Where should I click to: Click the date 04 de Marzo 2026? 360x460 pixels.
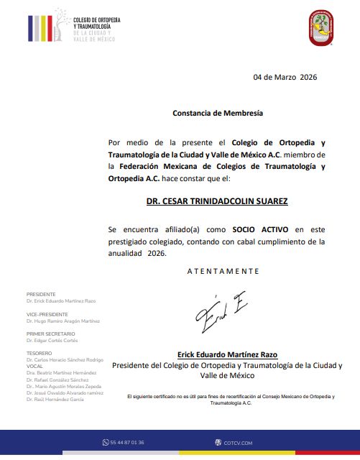[x=285, y=77]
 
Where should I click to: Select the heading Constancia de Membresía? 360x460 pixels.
[x=218, y=113]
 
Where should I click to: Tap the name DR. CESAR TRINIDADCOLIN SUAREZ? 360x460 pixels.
[x=217, y=202]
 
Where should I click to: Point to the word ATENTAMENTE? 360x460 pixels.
[x=223, y=271]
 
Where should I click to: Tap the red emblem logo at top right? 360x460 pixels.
[x=321, y=28]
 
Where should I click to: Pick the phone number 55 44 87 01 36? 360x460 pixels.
[x=127, y=443]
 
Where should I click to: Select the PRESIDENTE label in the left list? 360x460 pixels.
[x=41, y=294]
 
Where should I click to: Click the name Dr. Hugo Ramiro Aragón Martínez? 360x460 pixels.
[x=63, y=321]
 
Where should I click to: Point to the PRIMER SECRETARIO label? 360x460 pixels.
[x=50, y=333]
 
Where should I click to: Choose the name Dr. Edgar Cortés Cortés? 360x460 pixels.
[x=52, y=340]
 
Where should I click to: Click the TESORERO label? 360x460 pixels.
[x=39, y=353]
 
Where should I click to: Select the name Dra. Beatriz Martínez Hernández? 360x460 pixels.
[x=60, y=372]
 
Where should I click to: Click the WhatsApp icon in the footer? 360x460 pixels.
[x=105, y=443]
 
